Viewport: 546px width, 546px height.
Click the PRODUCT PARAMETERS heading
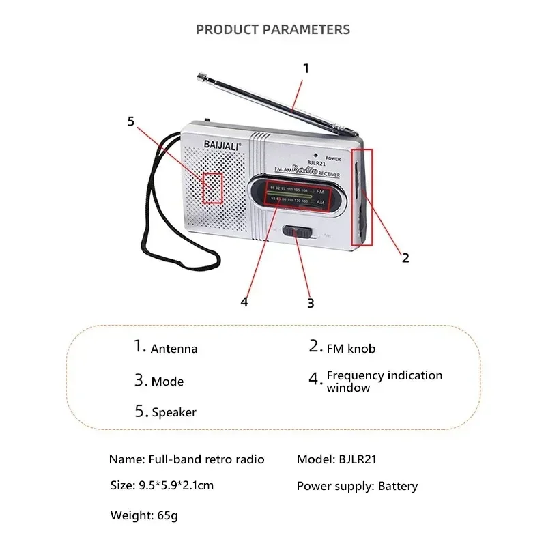[x=273, y=29]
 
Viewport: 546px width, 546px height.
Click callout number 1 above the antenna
[x=306, y=68]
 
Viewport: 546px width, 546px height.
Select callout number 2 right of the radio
[x=405, y=257]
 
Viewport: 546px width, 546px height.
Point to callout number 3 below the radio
[x=311, y=302]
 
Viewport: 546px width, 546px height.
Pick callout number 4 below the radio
[x=244, y=301]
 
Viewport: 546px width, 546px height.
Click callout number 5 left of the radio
[x=131, y=121]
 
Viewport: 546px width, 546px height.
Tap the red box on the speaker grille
[x=213, y=188]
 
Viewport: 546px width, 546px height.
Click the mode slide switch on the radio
[x=298, y=232]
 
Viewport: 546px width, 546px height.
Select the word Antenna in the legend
[x=174, y=349]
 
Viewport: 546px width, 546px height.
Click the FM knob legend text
[x=351, y=349]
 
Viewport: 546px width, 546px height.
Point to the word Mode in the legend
[x=168, y=382]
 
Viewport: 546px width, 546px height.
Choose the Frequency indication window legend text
[x=384, y=382]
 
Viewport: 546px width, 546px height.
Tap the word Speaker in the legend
[x=174, y=412]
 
